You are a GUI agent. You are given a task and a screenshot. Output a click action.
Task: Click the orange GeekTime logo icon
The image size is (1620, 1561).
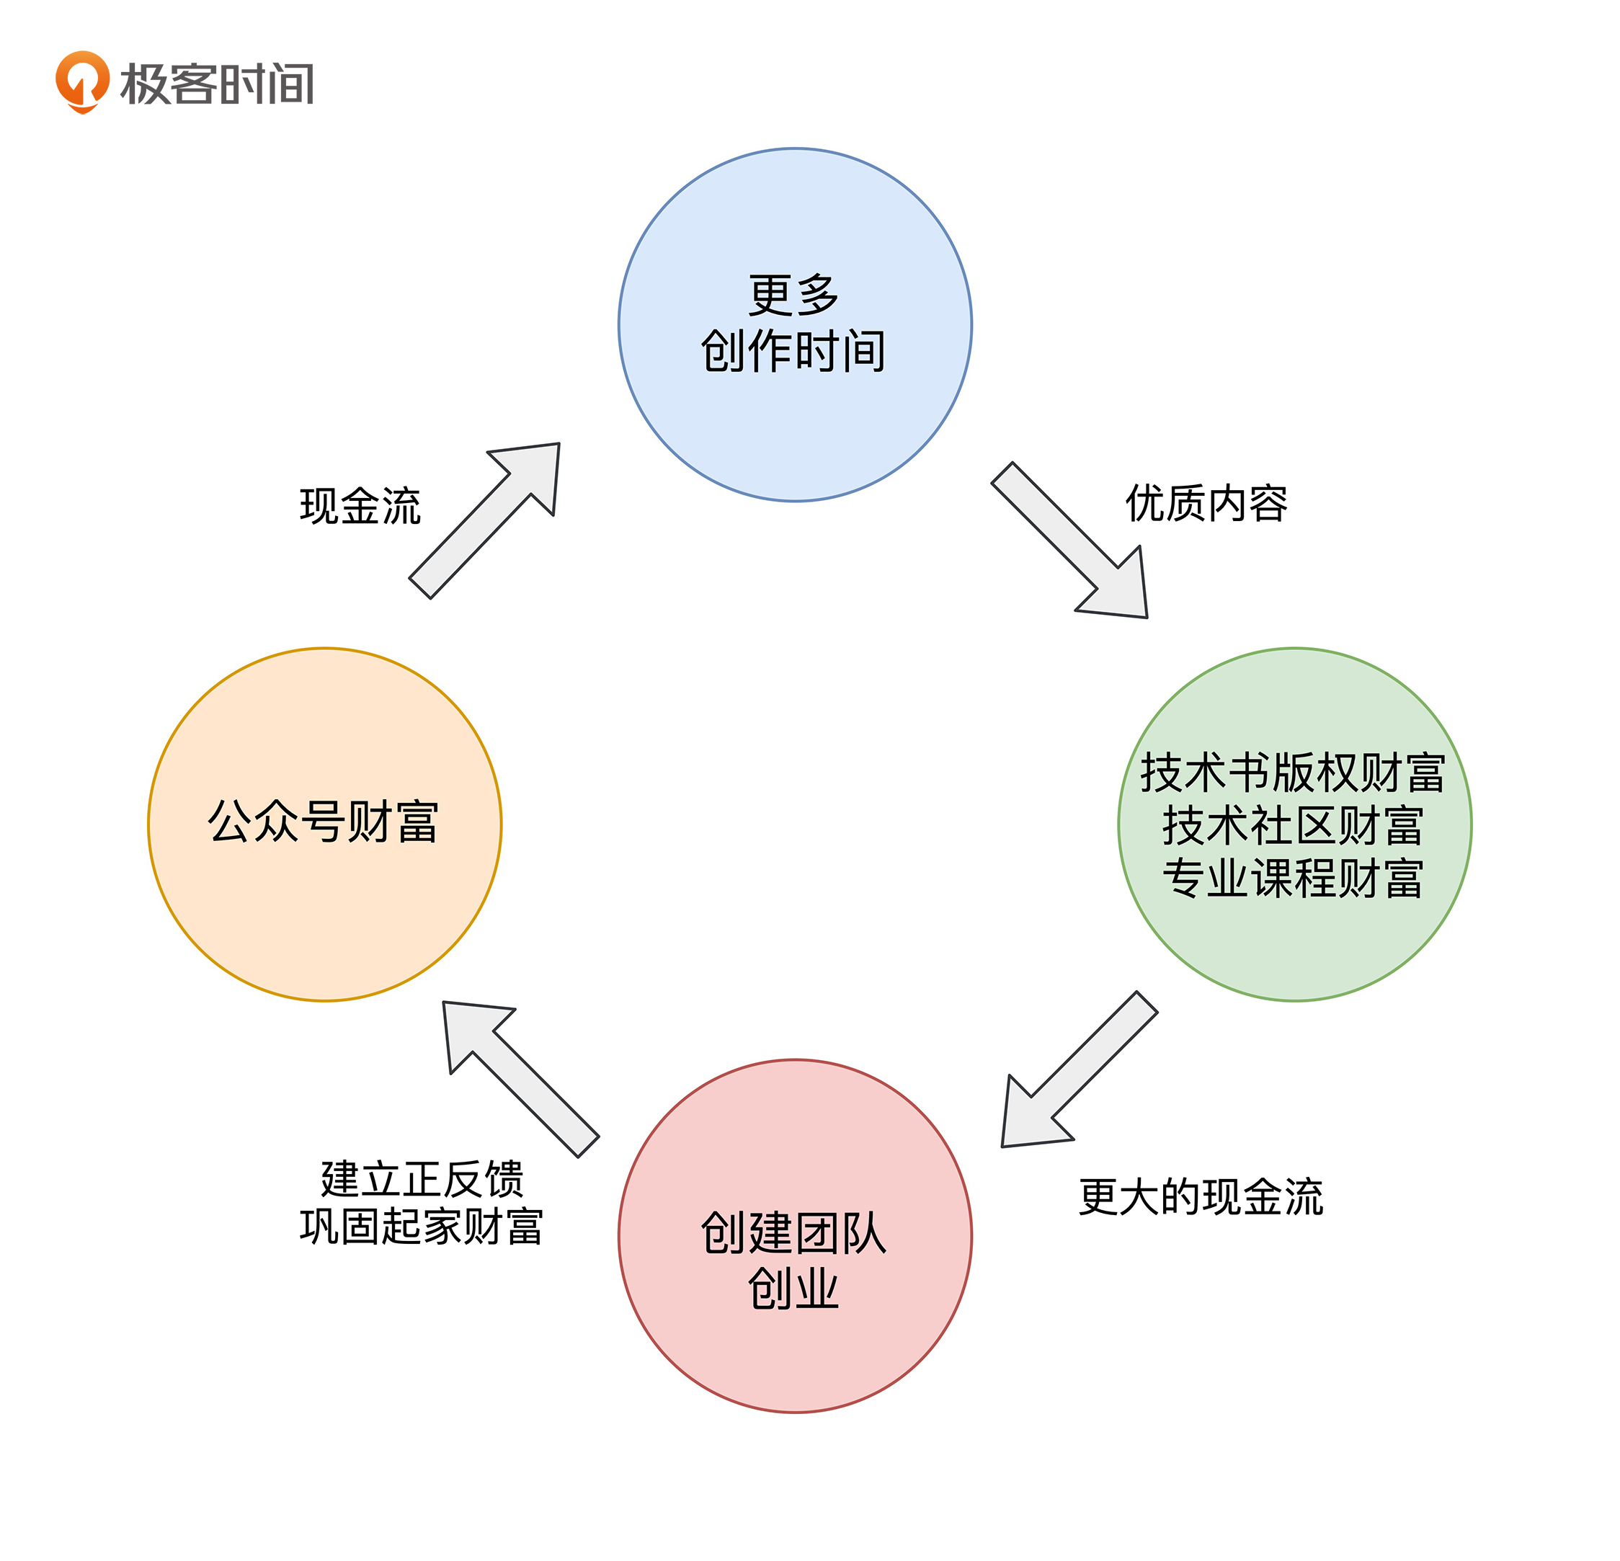(x=82, y=81)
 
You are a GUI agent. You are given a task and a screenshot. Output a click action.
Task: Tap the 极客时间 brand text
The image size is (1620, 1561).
(x=216, y=84)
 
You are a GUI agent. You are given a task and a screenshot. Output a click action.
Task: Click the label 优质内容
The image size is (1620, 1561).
(x=1206, y=503)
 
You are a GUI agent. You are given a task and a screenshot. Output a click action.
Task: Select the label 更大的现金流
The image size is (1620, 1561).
(x=1200, y=1196)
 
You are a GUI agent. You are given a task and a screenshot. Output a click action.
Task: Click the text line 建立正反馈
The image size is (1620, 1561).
(x=422, y=1178)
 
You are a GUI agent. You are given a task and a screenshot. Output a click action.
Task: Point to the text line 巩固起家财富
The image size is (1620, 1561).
(x=422, y=1227)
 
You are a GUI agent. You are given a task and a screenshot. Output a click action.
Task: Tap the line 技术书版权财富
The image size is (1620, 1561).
(x=1293, y=773)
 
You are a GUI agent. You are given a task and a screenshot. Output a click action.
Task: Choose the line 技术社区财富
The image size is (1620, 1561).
(x=1293, y=827)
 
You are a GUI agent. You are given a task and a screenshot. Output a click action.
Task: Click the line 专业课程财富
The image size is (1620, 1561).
(x=1293, y=879)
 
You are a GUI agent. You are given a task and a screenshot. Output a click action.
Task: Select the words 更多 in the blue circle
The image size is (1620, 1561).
(x=793, y=295)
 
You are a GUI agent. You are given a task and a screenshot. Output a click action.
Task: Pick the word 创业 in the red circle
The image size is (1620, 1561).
(x=793, y=1289)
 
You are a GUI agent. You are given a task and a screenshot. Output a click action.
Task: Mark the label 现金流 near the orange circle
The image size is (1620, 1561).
(x=360, y=506)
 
